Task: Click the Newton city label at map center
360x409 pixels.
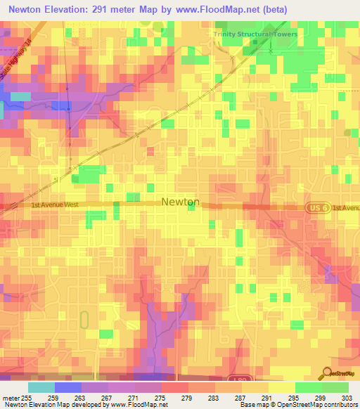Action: (x=181, y=202)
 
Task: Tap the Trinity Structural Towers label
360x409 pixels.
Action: (x=256, y=34)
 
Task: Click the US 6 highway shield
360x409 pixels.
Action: (x=316, y=207)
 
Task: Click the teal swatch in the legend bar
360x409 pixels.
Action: (x=41, y=387)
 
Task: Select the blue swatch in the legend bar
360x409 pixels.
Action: (x=68, y=387)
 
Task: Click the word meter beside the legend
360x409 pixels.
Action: (x=11, y=397)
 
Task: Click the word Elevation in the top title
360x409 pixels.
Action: (x=75, y=8)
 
